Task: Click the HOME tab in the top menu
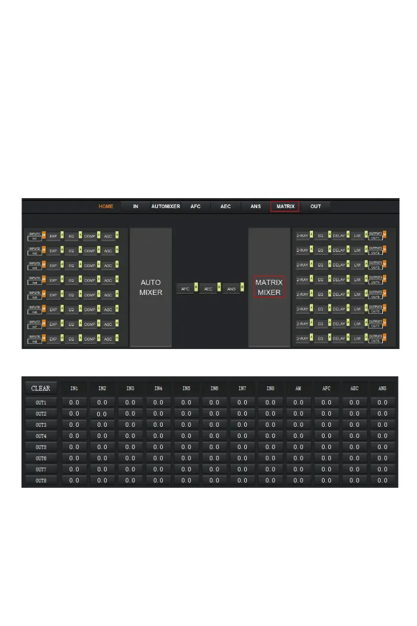[x=106, y=207]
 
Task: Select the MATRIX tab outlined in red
[x=285, y=207]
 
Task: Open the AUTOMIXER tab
[x=165, y=207]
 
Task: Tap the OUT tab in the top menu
[x=315, y=207]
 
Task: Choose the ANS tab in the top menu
[x=255, y=207]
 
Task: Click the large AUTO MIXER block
[x=151, y=288]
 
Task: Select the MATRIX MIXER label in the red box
[x=269, y=288]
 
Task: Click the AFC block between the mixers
[x=185, y=289]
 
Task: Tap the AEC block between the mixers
[x=208, y=289]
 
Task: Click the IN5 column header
[x=186, y=388]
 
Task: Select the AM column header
[x=298, y=388]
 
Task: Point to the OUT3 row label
[x=41, y=425]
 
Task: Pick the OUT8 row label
[x=41, y=480]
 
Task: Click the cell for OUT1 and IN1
[x=74, y=403]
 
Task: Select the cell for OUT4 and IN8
[x=270, y=436]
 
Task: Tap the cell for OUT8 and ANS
[x=382, y=480]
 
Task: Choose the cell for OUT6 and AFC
[x=326, y=458]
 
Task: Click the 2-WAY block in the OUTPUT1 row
[x=302, y=236]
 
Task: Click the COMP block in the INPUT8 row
[x=89, y=339]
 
